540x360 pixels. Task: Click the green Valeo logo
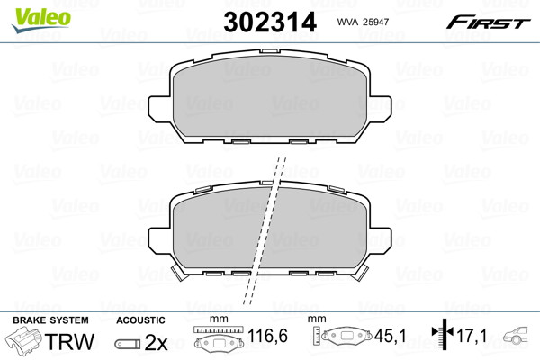click(x=41, y=20)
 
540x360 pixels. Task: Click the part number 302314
click(x=270, y=22)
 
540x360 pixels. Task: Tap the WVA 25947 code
click(x=363, y=22)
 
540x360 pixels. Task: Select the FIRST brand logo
click(x=488, y=22)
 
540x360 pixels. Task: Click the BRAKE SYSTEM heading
click(x=50, y=320)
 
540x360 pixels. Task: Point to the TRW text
click(x=69, y=341)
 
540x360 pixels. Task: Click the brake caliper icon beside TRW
click(x=24, y=340)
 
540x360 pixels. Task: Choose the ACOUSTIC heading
click(x=140, y=320)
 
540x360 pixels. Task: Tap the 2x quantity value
click(x=156, y=342)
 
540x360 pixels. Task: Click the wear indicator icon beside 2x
click(x=128, y=344)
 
